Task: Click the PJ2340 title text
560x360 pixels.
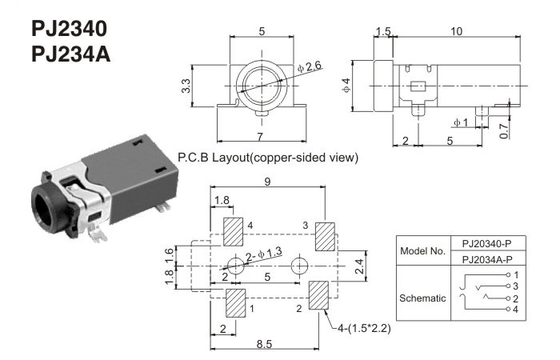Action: (x=69, y=29)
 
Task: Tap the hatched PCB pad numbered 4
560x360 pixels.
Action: (x=234, y=233)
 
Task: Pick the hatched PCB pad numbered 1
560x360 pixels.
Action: (x=236, y=303)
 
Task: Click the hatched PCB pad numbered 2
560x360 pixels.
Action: (x=318, y=298)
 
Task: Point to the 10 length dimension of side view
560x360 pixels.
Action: (x=456, y=32)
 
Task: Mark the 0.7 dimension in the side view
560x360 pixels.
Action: (x=524, y=130)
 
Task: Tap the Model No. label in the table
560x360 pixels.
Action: (x=423, y=250)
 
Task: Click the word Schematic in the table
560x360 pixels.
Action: (x=423, y=298)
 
